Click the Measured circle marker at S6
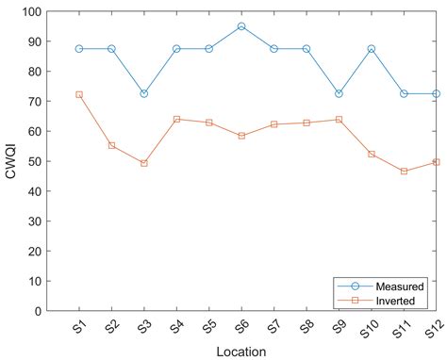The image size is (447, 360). [241, 26]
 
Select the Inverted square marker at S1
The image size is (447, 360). [79, 94]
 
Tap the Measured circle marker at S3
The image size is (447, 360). [144, 93]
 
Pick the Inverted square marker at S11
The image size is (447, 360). [404, 171]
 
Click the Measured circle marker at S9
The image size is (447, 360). [339, 93]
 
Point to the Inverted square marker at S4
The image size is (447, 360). [176, 120]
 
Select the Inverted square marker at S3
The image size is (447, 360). [144, 163]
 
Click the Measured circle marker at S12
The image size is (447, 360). [436, 93]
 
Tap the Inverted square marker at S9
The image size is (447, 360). [339, 120]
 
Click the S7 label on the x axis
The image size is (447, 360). [272, 326]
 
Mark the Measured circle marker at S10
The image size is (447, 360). [372, 49]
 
